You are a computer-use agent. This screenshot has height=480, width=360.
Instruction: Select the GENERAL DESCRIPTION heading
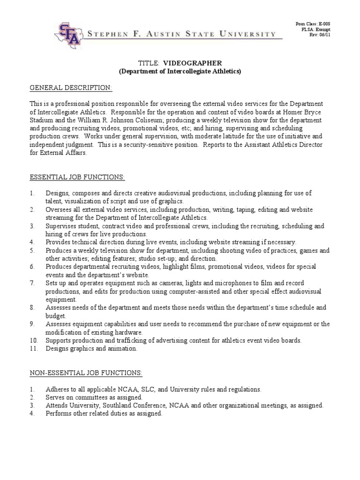(71, 88)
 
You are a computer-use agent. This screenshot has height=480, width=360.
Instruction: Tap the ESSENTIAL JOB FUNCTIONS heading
(77, 178)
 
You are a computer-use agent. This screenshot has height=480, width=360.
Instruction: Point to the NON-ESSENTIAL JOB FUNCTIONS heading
(86, 373)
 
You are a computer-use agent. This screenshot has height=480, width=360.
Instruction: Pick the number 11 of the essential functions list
(32, 348)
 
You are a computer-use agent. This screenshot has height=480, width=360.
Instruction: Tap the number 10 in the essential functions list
(32, 340)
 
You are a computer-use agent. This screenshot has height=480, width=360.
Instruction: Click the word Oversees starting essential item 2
(60, 210)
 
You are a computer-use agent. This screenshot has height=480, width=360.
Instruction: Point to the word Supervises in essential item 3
(62, 226)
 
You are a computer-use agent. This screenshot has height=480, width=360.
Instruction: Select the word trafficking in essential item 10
(133, 340)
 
